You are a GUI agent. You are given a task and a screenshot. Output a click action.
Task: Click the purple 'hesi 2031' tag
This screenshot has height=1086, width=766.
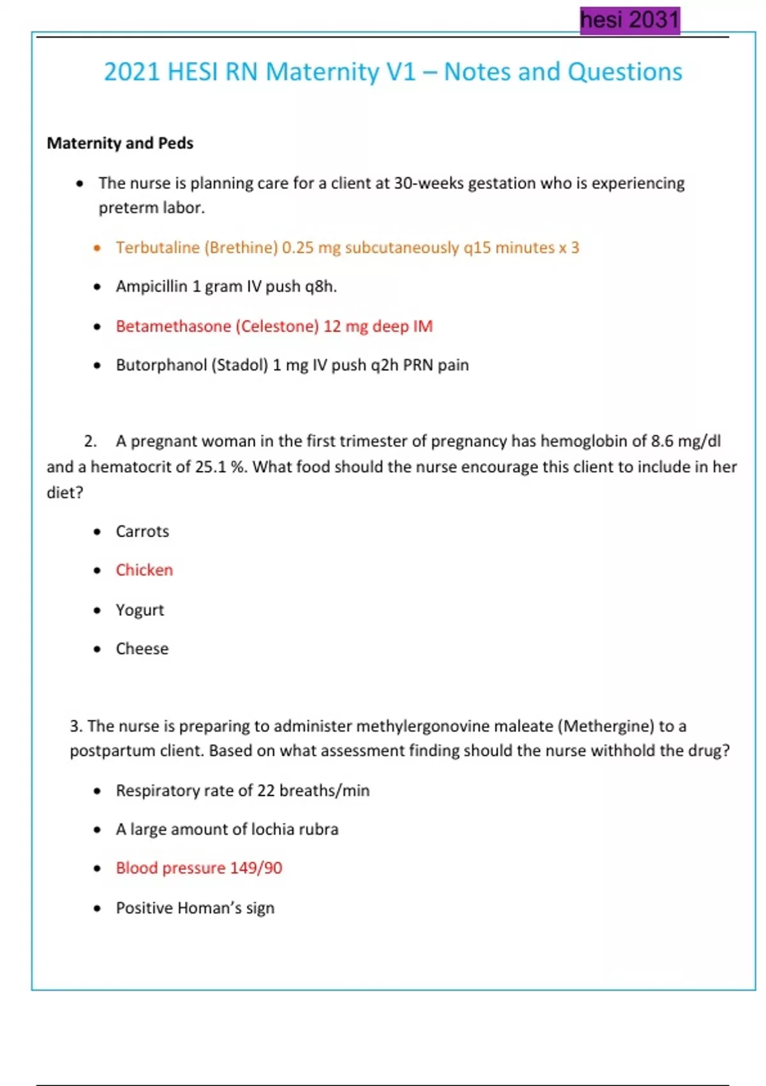pos(629,20)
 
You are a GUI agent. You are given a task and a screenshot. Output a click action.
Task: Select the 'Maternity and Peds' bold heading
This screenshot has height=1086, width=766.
pos(120,143)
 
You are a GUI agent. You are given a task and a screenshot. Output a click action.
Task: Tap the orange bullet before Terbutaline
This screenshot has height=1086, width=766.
pos(97,248)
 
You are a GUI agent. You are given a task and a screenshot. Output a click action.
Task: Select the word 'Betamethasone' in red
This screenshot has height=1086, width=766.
pos(173,326)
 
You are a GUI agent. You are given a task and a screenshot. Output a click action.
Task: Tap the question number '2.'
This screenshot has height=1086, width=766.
pos(90,441)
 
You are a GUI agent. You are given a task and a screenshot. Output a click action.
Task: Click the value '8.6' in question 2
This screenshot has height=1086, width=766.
pos(662,441)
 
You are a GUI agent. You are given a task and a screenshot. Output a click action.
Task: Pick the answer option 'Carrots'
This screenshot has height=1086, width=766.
pos(142,532)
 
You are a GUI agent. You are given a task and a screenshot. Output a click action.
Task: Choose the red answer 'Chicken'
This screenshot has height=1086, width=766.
pos(144,570)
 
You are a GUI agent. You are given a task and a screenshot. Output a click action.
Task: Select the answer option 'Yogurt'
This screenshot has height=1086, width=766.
pos(140,610)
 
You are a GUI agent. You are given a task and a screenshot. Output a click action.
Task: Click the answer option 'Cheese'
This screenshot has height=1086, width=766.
pos(142,649)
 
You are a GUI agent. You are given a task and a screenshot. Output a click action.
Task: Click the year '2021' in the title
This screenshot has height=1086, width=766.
pos(131,72)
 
